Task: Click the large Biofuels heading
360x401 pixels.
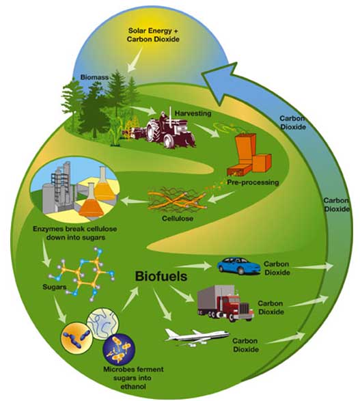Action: click(x=161, y=277)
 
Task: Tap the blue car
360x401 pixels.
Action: click(x=238, y=266)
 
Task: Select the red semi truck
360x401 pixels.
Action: click(x=225, y=303)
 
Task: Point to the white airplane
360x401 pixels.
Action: click(x=197, y=337)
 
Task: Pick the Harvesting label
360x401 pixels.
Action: click(x=193, y=113)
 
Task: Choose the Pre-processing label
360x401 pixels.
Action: click(x=253, y=182)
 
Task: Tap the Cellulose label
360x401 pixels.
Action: click(x=178, y=219)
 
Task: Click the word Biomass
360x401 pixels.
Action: click(x=94, y=77)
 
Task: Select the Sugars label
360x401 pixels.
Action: click(x=55, y=287)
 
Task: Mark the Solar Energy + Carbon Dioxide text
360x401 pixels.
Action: click(x=153, y=35)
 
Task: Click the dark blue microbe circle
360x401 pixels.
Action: click(x=119, y=349)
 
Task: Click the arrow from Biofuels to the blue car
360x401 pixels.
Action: click(x=196, y=266)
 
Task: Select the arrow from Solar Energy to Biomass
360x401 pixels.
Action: click(x=135, y=59)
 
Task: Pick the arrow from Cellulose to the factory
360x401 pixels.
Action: click(x=135, y=201)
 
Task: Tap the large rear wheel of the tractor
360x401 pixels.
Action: click(x=153, y=131)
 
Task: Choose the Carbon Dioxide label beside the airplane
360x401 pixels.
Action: click(x=245, y=345)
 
